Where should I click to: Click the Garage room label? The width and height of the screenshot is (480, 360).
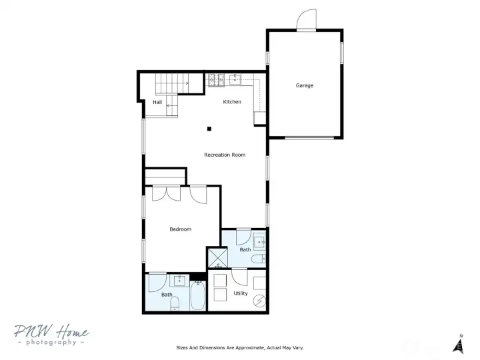click(304, 85)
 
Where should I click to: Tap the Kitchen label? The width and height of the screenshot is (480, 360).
click(232, 101)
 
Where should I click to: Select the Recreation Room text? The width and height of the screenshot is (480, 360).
click(225, 155)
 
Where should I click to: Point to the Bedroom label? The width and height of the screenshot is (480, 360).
click(180, 229)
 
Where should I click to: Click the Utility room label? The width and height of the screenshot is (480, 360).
click(240, 293)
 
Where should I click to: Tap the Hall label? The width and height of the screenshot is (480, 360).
click(157, 102)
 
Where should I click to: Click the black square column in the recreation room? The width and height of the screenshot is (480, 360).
click(209, 129)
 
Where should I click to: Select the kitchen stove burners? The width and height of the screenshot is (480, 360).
click(216, 80)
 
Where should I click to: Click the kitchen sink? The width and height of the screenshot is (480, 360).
click(235, 79)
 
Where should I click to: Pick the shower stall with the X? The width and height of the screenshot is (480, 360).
click(217, 258)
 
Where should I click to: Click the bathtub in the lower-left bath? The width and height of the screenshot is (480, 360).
click(197, 295)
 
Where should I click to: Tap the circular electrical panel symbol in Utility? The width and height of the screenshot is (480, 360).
click(259, 301)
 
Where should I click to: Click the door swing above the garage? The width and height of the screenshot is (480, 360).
click(307, 19)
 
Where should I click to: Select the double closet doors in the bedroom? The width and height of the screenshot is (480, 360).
click(166, 193)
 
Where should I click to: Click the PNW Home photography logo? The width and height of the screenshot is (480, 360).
click(51, 335)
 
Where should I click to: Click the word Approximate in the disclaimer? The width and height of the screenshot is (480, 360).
click(250, 348)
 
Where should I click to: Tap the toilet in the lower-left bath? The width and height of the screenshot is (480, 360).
click(175, 304)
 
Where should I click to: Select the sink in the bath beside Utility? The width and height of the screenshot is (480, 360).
click(259, 243)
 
